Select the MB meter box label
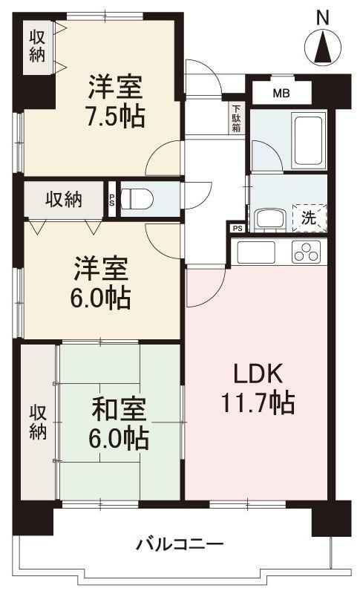coord(281,94)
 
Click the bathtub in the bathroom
coord(305,141)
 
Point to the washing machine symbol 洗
coord(309,218)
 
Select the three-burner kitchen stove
coord(306,252)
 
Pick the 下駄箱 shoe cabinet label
coord(235,117)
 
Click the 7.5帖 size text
coord(115,116)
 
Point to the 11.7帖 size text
coord(257,403)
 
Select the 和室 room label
coord(119,410)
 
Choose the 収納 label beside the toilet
coord(64,199)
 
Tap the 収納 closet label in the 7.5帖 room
coord(37,45)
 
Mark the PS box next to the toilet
coord(112,199)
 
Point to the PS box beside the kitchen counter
coord(237,229)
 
